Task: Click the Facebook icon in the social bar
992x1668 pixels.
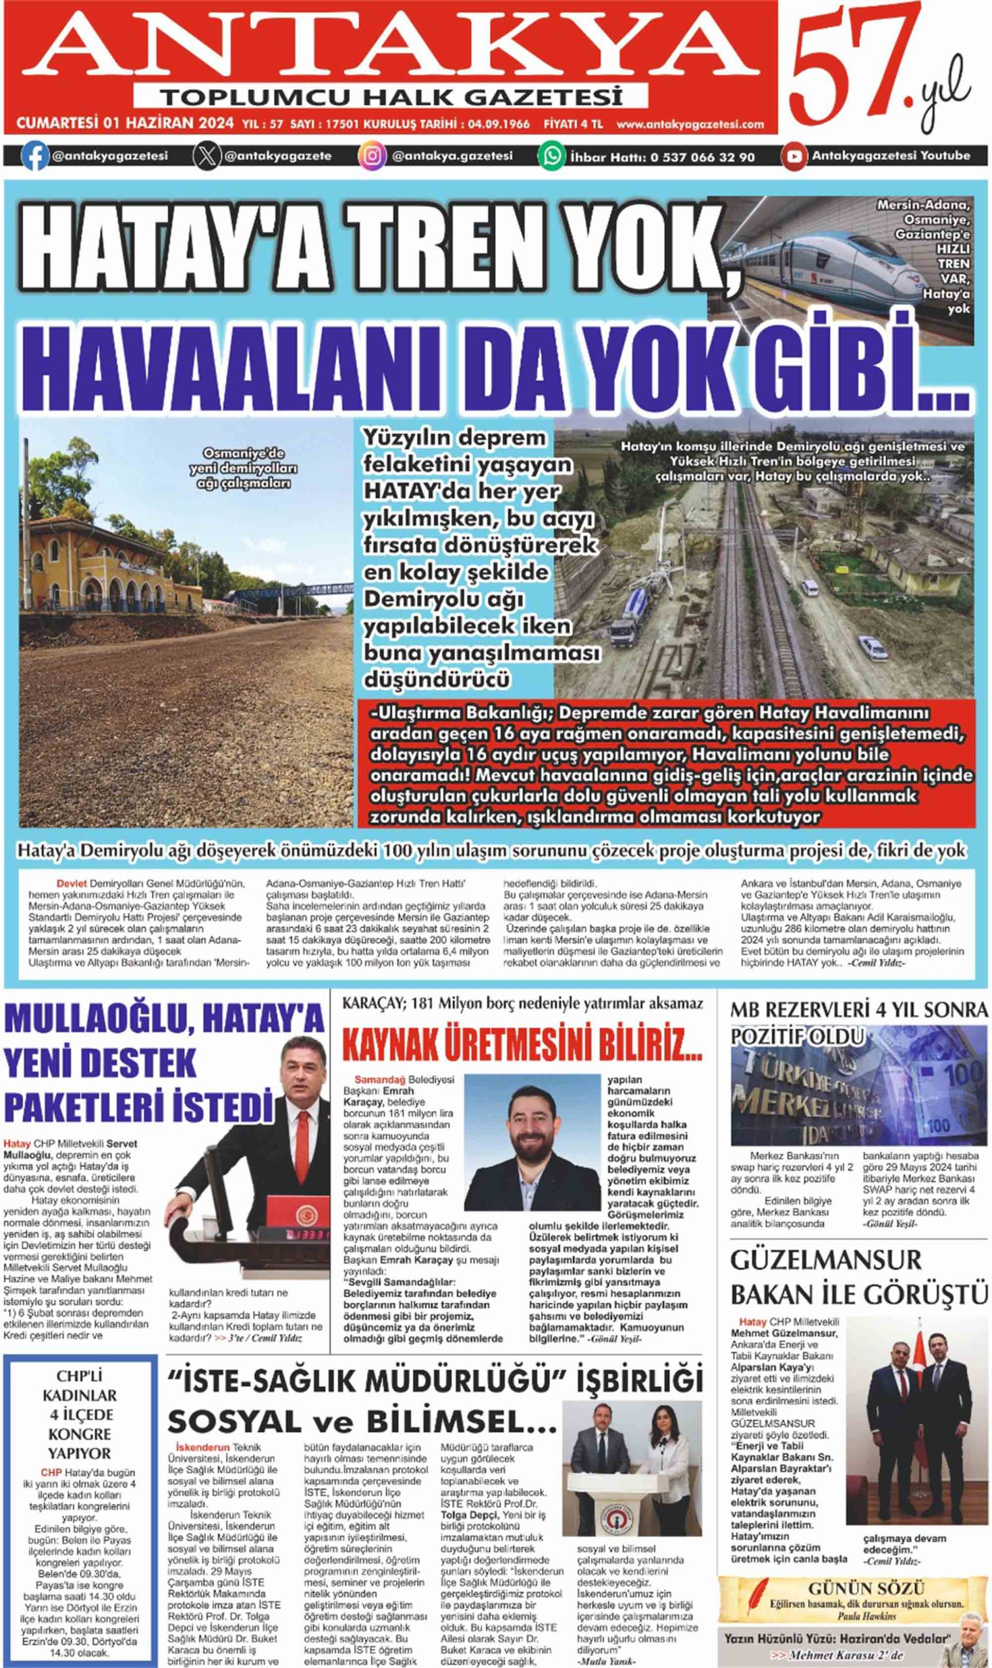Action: (x=34, y=156)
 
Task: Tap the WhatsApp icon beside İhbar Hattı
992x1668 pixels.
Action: (x=551, y=156)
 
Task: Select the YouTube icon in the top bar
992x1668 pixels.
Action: (x=794, y=156)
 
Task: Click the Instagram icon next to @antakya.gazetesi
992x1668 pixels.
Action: (x=372, y=156)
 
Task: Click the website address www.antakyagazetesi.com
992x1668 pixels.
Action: (x=690, y=124)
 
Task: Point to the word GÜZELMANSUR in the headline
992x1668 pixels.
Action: (x=826, y=1260)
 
